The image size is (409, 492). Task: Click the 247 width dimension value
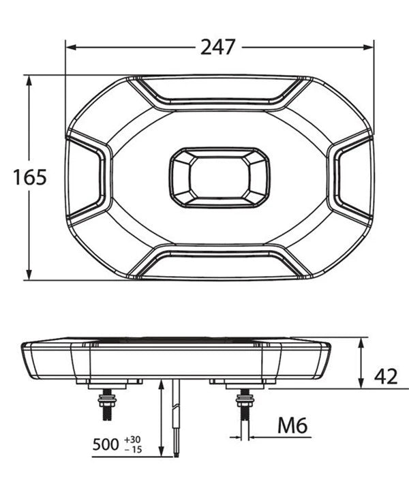(x=217, y=48)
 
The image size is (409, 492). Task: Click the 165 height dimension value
(x=30, y=177)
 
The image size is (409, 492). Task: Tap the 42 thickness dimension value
(x=386, y=377)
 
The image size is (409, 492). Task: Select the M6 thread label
(x=292, y=425)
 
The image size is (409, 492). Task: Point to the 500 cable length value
(x=106, y=444)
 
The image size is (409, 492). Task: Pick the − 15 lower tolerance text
(x=133, y=450)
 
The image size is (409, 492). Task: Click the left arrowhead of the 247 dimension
(x=72, y=48)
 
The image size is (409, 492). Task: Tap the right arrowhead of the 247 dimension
(x=368, y=48)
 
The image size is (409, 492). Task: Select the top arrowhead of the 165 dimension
(x=29, y=81)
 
